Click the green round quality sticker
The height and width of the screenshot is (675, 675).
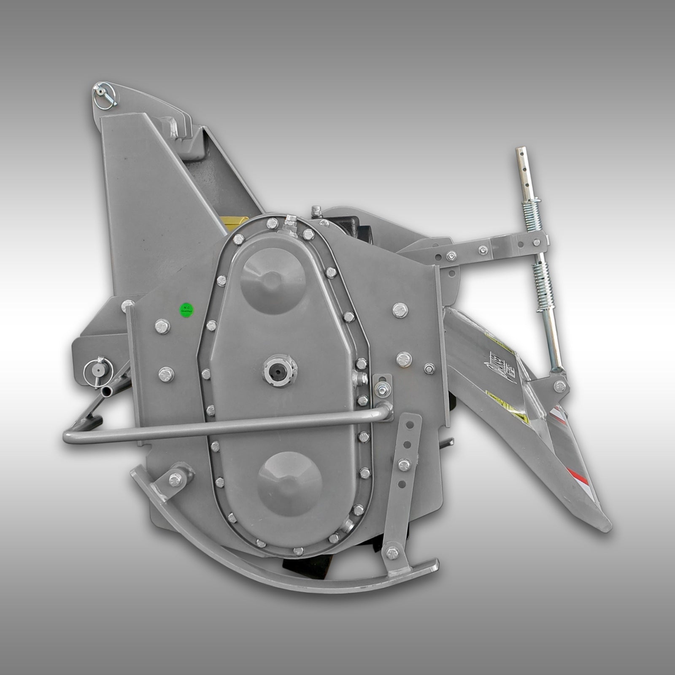186,310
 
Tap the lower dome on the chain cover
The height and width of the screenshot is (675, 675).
289,483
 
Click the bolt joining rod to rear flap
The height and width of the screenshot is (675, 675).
560,385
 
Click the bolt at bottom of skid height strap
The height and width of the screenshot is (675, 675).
392,552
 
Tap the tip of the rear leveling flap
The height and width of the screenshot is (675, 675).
606,527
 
